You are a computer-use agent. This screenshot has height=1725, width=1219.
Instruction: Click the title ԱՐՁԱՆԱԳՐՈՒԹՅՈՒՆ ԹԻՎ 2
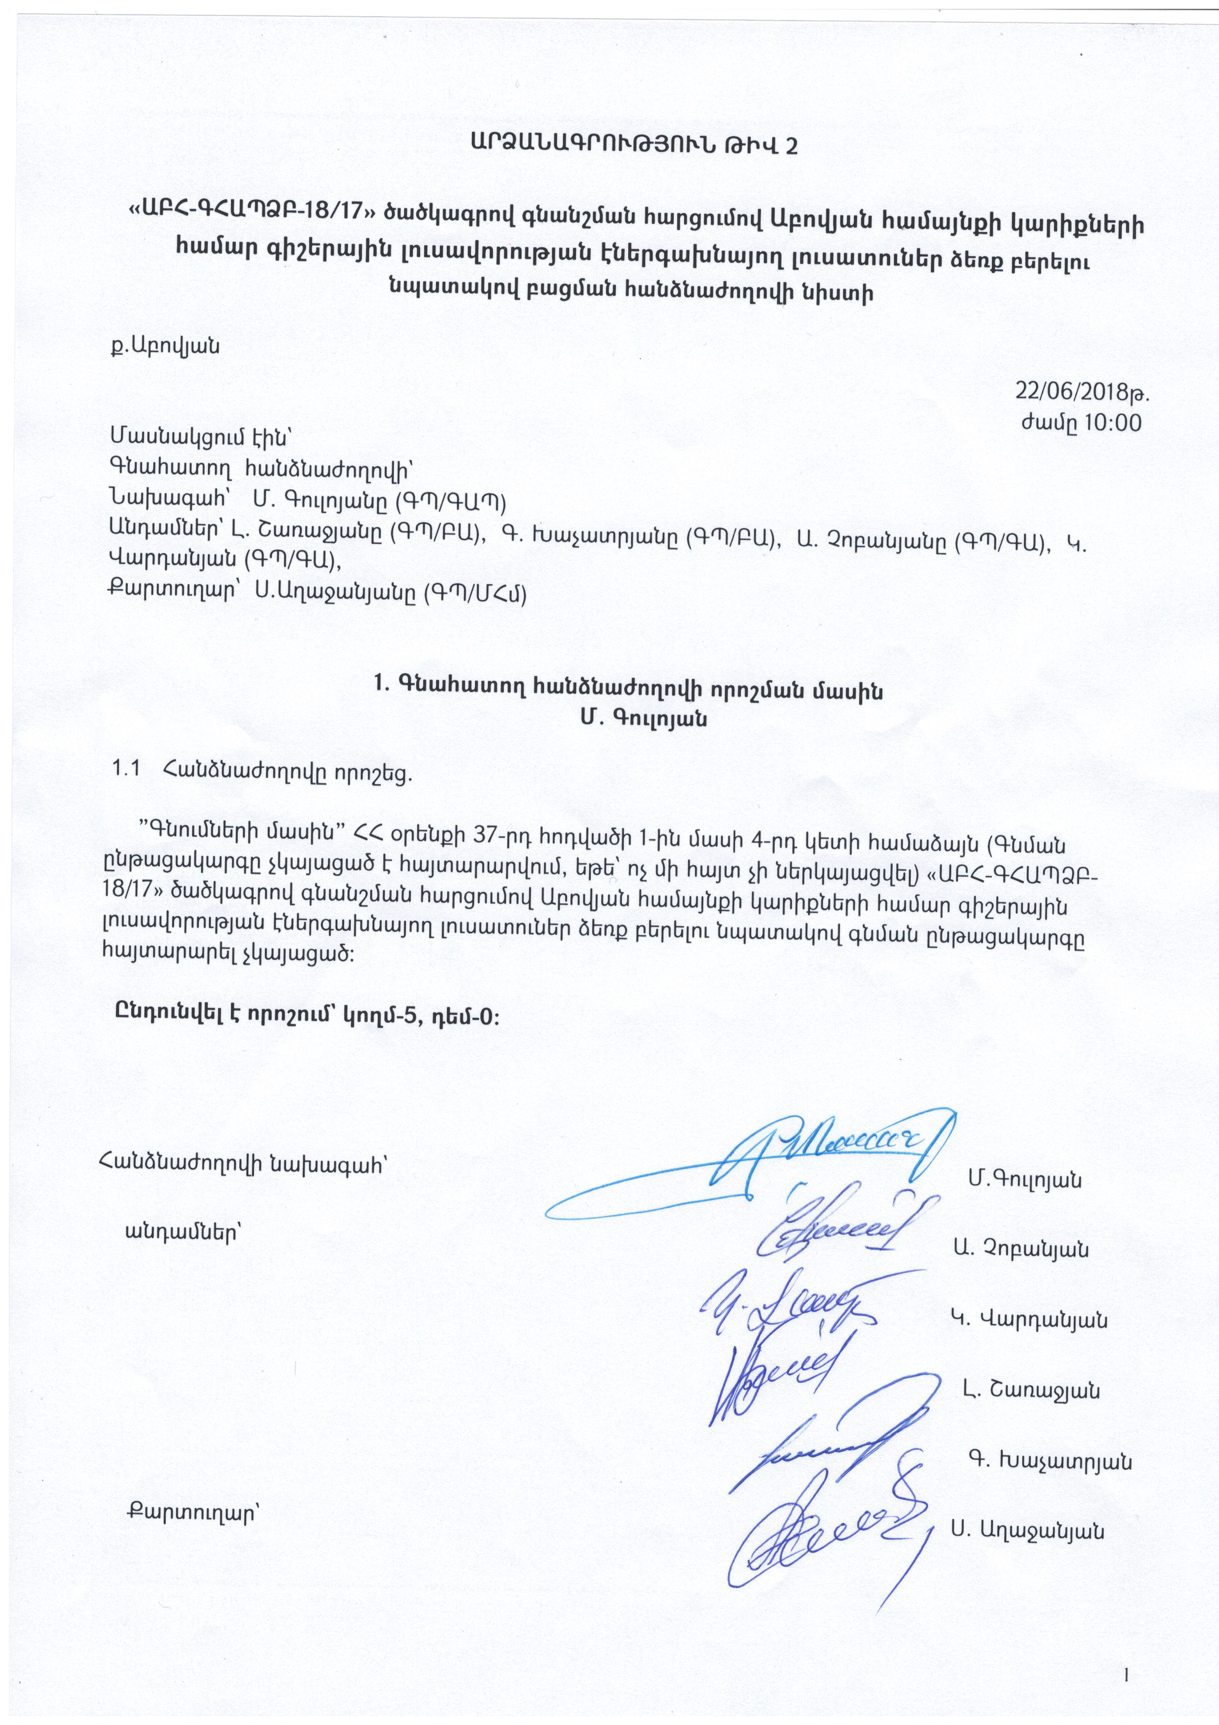[x=635, y=145]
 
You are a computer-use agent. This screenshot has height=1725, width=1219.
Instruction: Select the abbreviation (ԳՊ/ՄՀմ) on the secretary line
[x=475, y=593]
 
